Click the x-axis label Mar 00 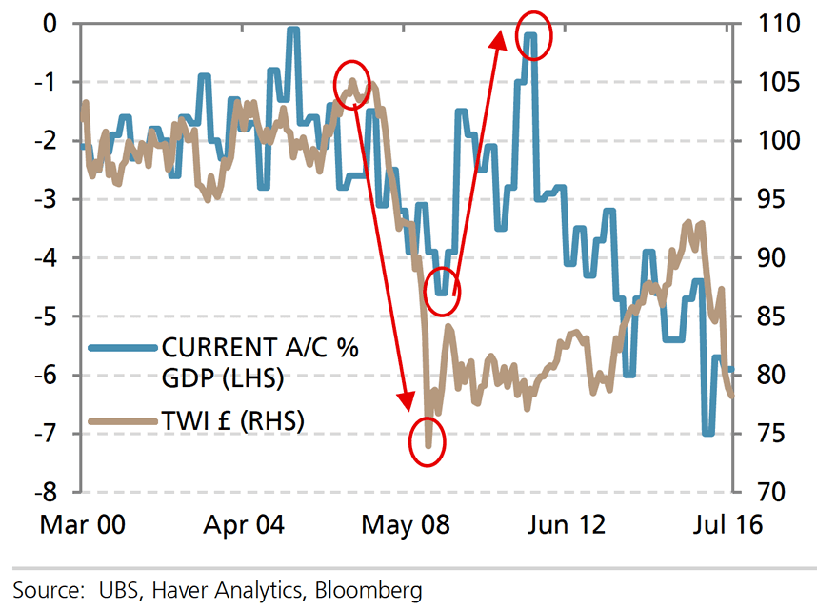tap(85, 525)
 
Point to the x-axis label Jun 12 tap(568, 525)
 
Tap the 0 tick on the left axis tap(53, 23)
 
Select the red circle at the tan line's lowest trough tap(428, 442)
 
